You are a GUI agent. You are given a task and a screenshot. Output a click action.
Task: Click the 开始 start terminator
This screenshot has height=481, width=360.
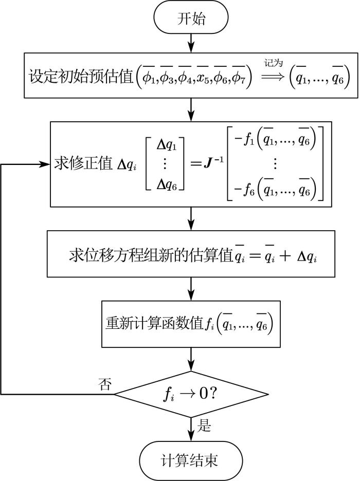click(191, 18)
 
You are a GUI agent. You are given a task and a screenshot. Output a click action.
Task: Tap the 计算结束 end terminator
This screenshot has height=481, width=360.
click(191, 460)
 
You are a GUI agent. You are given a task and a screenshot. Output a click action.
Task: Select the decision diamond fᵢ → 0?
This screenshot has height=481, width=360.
click(191, 394)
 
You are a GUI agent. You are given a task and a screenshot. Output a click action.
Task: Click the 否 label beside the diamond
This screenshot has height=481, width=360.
click(104, 384)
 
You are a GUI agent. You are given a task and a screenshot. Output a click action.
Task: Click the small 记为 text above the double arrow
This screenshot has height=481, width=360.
click(273, 63)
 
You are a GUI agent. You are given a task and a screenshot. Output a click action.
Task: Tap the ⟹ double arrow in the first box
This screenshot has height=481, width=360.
click(273, 77)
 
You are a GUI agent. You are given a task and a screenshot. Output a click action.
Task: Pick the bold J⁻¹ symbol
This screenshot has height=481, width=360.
click(213, 162)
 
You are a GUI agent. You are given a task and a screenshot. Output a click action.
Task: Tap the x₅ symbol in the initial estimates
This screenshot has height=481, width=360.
click(204, 79)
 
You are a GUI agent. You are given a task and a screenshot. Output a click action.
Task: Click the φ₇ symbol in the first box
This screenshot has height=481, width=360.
click(239, 79)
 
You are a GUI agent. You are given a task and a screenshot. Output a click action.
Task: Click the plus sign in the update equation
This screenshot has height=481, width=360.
click(285, 256)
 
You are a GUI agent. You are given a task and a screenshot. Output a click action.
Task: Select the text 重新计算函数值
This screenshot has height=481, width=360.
click(154, 323)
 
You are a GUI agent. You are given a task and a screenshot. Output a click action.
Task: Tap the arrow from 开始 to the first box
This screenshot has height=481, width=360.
click(191, 43)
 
